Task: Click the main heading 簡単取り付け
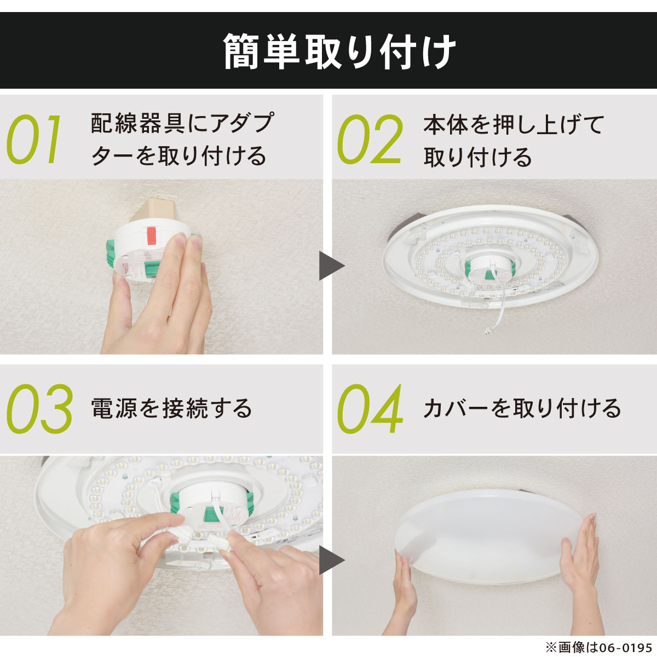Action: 339,51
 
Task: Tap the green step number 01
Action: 33,139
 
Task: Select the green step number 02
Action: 370,139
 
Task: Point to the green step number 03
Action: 39,409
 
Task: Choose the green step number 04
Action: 370,409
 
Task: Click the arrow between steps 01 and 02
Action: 331,266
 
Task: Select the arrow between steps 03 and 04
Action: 331,560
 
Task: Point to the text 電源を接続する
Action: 172,408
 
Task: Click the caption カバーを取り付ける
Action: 522,408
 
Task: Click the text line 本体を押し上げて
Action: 514,125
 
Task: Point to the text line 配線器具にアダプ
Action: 182,123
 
